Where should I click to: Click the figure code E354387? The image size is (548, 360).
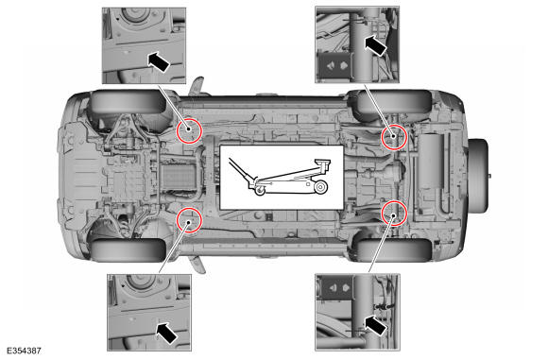[x=24, y=351]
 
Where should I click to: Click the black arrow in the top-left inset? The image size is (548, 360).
[x=159, y=61]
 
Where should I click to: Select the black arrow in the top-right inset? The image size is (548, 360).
[x=376, y=45]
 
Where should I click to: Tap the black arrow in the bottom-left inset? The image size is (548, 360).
[x=166, y=333]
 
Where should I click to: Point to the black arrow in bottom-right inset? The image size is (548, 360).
[x=375, y=325]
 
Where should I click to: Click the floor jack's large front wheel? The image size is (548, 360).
[x=320, y=187]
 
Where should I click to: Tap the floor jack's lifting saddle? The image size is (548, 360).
[x=323, y=163]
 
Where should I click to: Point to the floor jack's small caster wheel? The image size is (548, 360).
[x=260, y=191]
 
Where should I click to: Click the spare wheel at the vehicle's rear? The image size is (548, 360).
[x=478, y=176]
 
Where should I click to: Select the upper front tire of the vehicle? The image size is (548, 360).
[x=128, y=102]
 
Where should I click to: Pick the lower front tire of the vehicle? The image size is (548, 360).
[x=128, y=250]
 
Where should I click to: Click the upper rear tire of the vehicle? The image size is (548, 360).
[x=394, y=102]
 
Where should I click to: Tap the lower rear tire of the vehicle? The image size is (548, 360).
[x=394, y=250]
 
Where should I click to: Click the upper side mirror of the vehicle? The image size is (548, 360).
[x=197, y=86]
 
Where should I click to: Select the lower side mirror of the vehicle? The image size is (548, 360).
[x=197, y=265]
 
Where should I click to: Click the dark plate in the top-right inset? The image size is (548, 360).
[x=334, y=66]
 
